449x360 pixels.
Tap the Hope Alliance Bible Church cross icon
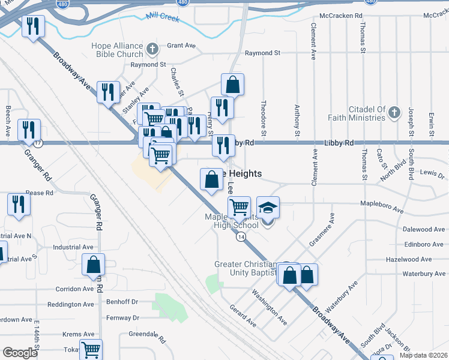pos(152,48)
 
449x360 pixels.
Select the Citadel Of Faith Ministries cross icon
pos(394,112)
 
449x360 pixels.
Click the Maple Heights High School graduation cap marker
pos(268,208)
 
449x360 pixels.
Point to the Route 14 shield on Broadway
pos(241,238)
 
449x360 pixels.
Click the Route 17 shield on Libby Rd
pos(38,143)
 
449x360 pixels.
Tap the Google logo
pos(20,353)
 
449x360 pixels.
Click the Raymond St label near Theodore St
pos(263,53)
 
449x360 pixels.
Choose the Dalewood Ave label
pos(424,229)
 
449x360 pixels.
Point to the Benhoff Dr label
pos(122,302)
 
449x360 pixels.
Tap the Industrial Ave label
pos(73,247)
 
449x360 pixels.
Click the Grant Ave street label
pos(181,46)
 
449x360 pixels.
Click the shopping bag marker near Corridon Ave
pos(94,265)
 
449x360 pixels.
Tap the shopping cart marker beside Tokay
pos(91,349)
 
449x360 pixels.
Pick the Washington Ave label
pos(269,308)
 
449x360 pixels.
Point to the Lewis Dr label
pos(432,173)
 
